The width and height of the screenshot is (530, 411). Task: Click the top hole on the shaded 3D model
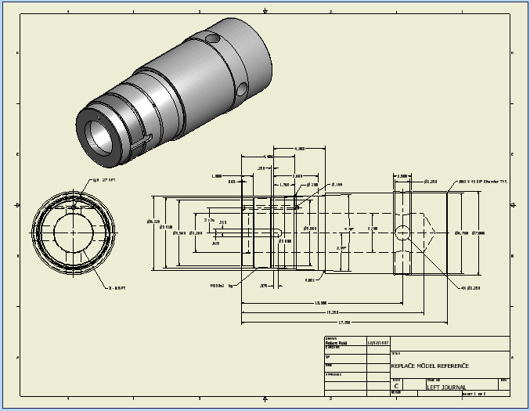coord(213,38)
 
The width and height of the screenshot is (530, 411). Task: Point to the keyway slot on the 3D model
coord(142,144)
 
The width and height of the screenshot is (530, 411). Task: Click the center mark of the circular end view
coord(74,233)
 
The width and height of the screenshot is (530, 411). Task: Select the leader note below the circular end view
coord(117,289)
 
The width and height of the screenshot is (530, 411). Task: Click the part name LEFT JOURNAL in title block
coord(446,387)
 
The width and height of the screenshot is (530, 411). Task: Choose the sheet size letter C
coord(397,387)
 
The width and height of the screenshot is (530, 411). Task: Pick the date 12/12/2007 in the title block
coord(378,343)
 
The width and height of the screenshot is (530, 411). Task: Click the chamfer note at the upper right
coord(482,182)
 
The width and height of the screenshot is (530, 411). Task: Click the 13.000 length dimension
coord(320,302)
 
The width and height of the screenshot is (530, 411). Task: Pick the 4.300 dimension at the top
coord(299,148)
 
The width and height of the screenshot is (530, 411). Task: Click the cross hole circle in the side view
coord(402,233)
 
